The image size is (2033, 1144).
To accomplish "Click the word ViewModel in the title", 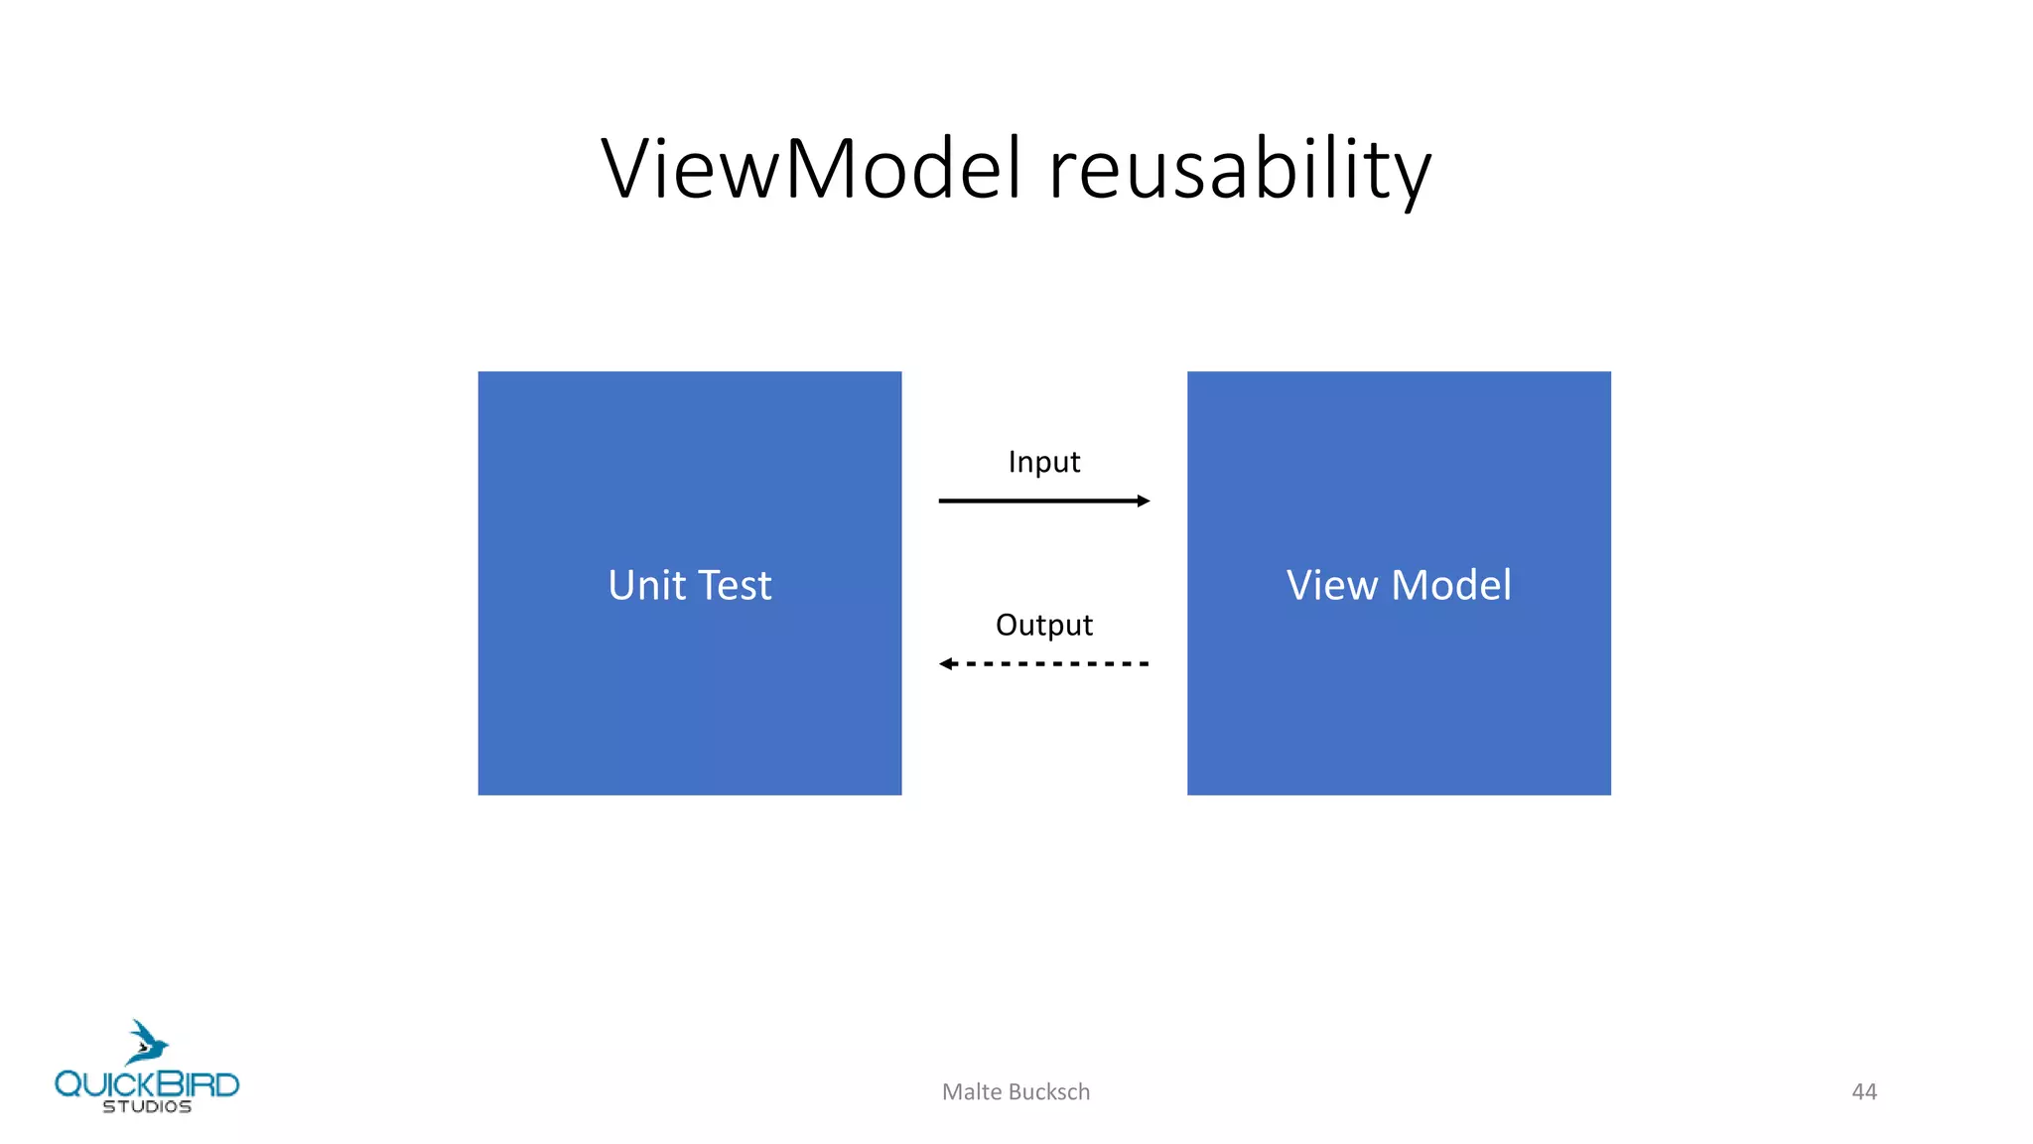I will (811, 169).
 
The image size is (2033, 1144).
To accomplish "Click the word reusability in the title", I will (1239, 171).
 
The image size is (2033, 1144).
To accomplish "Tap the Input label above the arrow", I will (1043, 462).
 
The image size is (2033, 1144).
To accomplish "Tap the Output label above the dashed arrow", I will (1043, 625).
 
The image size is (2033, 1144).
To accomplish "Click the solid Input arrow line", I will (1032, 500).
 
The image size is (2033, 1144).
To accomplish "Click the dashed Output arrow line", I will (1052, 663).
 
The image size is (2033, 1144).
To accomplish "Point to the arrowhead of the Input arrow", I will (1144, 500).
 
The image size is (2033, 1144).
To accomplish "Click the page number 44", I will (1864, 1091).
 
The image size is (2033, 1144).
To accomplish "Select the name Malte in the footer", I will (972, 1091).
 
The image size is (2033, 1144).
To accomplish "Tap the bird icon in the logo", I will (147, 1043).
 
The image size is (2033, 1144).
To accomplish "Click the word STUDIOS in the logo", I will (147, 1106).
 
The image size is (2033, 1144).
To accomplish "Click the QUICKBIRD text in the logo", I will (147, 1083).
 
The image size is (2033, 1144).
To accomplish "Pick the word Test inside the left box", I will (735, 585).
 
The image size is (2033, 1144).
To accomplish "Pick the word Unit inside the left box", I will (647, 585).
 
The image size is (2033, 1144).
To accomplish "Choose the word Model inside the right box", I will (1451, 585).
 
